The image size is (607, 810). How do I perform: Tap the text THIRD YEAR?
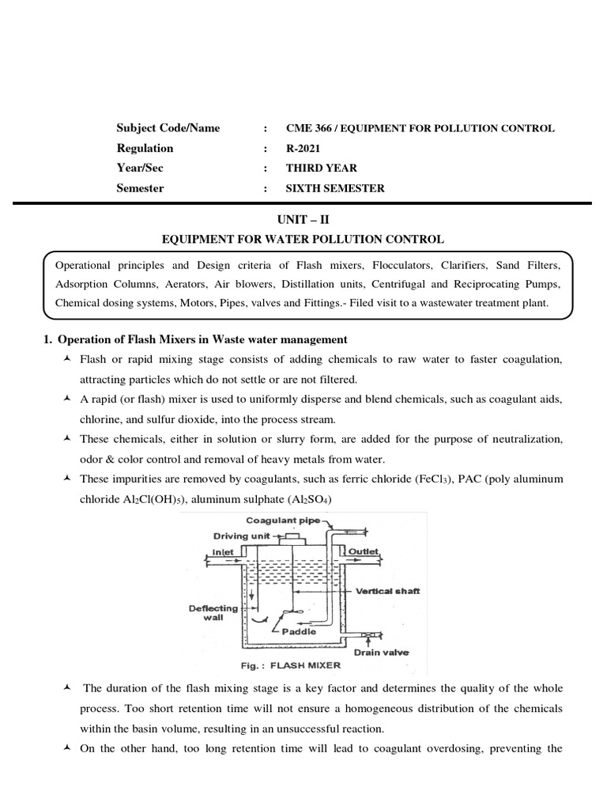point(322,168)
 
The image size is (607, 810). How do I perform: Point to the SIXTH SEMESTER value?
point(336,188)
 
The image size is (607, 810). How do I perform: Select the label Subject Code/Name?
point(168,128)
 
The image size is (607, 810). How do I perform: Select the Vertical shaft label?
point(388,590)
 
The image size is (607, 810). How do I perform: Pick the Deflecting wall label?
point(213,613)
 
